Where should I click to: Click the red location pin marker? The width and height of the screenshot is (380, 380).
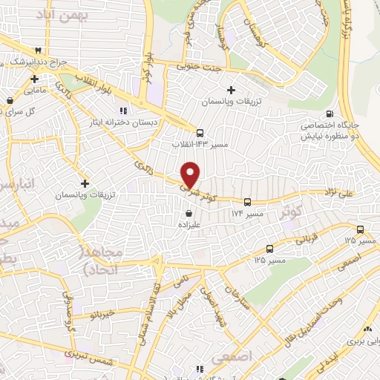pyautogui.click(x=191, y=174)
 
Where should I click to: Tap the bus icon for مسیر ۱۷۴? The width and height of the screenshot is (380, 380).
pyautogui.click(x=247, y=201)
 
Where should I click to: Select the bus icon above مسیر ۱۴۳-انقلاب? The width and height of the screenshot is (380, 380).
pyautogui.click(x=199, y=131)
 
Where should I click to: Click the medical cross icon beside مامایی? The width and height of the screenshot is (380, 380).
pyautogui.click(x=35, y=78)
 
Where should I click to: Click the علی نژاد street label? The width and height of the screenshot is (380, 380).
pyautogui.click(x=337, y=194)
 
